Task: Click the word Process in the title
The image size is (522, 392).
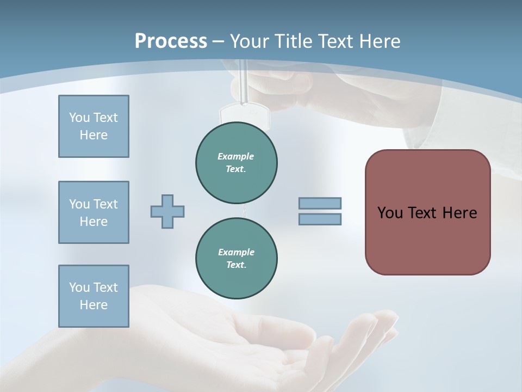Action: (x=171, y=41)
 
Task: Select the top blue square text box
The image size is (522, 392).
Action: (x=94, y=126)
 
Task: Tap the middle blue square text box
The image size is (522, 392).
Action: (x=94, y=212)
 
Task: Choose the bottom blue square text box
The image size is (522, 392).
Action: (x=94, y=296)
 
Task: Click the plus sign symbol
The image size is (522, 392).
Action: (x=167, y=211)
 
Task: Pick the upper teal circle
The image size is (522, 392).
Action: (x=237, y=163)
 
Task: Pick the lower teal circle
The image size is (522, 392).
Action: (x=237, y=259)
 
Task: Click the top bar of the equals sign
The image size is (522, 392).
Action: (x=320, y=203)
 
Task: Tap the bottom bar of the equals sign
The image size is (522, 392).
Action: (x=320, y=219)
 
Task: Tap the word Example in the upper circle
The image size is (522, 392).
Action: (x=236, y=156)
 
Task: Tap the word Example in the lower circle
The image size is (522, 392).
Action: (x=236, y=252)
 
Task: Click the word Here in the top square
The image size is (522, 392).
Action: (x=94, y=135)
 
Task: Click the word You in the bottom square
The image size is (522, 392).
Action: (x=79, y=287)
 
